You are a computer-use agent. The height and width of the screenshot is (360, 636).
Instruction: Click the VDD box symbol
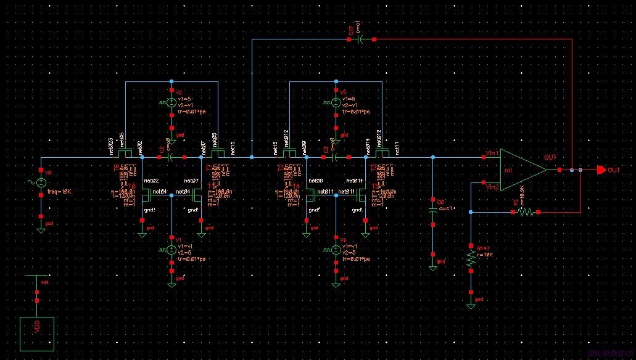coord(37,333)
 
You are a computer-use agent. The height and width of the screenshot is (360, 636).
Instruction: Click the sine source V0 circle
coord(41,182)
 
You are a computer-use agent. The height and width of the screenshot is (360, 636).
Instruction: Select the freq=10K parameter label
coord(60,192)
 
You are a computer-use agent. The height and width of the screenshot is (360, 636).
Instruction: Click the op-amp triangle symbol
coord(522,170)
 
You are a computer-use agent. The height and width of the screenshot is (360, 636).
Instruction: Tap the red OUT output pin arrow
coord(601,170)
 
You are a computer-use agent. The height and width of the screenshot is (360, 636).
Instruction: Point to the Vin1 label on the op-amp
coord(492,153)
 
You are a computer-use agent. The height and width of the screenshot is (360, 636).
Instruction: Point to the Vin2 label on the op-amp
coord(492,186)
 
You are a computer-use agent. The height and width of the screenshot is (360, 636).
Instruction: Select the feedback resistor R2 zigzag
coord(526,212)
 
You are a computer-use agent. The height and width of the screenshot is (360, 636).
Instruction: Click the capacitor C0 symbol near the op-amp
coord(433,208)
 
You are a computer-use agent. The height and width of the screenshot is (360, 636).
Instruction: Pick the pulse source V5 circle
coord(336,103)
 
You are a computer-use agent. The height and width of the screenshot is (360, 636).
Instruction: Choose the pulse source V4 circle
coord(336,250)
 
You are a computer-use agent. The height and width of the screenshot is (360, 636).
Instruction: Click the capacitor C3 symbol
coord(334,158)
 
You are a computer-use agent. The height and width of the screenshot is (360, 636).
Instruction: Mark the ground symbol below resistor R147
coord(471,305)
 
